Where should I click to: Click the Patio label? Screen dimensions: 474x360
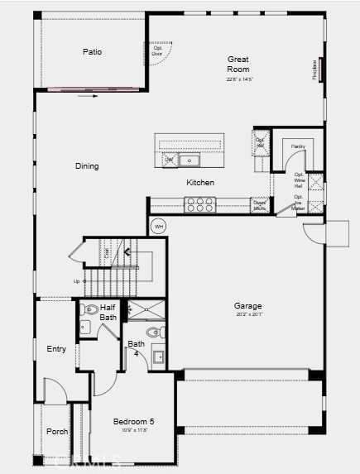coord(92,52)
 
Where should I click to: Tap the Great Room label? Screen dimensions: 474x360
coord(238,64)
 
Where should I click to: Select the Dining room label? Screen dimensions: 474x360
coord(87,166)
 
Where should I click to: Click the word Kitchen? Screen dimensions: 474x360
coord(200,183)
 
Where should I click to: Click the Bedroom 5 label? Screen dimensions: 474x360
coord(133,422)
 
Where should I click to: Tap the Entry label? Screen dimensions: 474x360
coord(56,349)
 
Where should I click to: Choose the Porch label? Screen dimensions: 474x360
coord(57,431)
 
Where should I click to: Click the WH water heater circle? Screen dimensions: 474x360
coord(159,226)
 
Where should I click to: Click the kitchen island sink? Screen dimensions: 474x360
coord(190,160)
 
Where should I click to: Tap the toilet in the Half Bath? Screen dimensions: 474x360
coord(90,311)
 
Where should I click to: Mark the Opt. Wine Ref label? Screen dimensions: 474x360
coord(299,180)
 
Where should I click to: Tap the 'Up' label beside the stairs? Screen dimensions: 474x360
coord(77,281)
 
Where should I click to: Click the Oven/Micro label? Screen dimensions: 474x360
coord(259,204)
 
